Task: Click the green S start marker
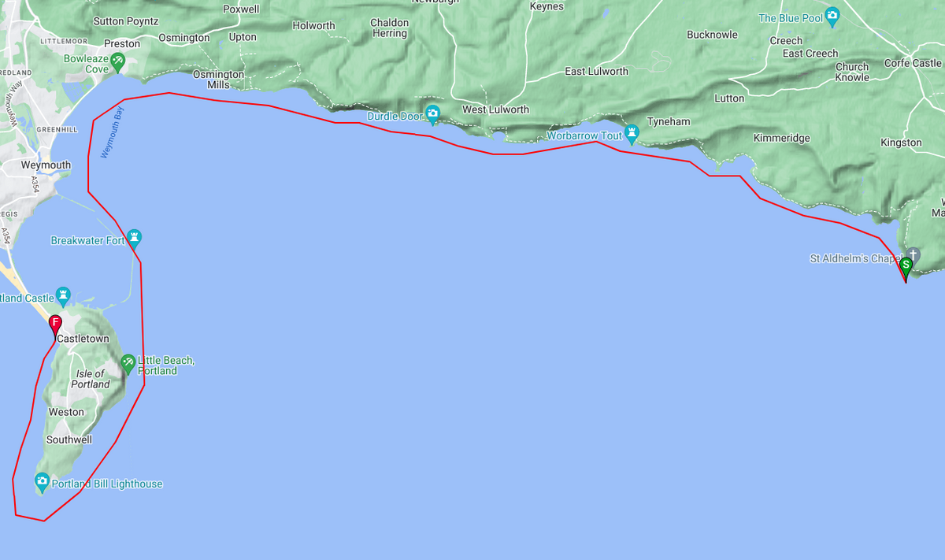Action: click(906, 265)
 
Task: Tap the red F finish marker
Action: click(55, 323)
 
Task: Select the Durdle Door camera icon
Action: click(432, 113)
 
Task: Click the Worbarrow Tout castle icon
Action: click(631, 132)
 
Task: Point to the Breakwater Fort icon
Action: click(135, 237)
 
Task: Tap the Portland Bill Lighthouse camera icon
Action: click(43, 481)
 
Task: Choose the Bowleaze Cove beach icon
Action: click(117, 60)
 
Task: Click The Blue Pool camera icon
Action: click(832, 15)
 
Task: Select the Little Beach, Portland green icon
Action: click(128, 362)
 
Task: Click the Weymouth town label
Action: click(46, 165)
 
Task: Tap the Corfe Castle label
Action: click(913, 63)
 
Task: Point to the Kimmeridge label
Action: click(781, 138)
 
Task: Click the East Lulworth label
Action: click(596, 72)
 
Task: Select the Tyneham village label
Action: click(668, 122)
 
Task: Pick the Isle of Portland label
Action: click(91, 379)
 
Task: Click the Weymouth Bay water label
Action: click(113, 133)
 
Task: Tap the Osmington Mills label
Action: click(218, 80)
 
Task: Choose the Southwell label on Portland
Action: click(69, 439)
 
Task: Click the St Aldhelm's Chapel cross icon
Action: click(913, 254)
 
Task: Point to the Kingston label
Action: click(901, 143)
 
